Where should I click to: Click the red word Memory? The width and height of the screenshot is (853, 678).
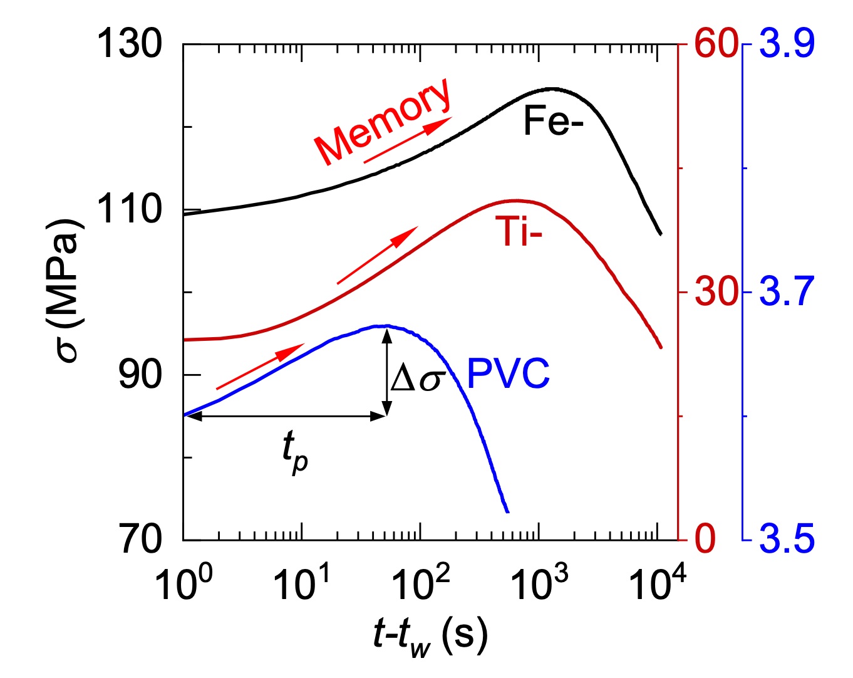[382, 122]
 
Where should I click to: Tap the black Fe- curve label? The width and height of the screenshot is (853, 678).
[553, 121]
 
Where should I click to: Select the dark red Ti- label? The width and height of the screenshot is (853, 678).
[518, 231]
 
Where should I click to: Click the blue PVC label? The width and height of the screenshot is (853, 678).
[508, 374]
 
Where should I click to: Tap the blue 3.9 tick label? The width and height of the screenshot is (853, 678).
[787, 45]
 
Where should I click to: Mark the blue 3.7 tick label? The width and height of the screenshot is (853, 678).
[787, 292]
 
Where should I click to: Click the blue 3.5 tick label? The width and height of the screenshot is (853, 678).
[787, 540]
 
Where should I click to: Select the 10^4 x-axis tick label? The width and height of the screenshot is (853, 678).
[656, 583]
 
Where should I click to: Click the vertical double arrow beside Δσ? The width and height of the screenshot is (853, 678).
[387, 372]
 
